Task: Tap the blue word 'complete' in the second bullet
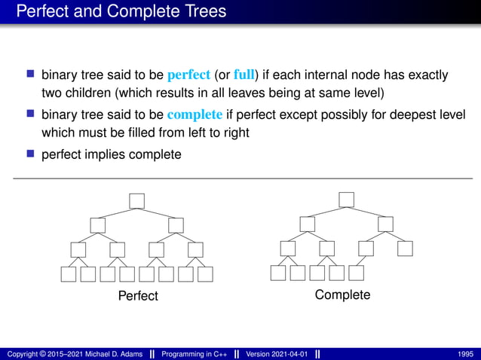coord(195,115)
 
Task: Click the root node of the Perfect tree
coord(136,200)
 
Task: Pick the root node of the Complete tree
coord(346,200)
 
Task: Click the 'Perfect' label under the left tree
coord(138,296)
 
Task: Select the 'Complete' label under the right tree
coord(342,294)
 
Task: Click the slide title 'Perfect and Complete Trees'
coord(121,12)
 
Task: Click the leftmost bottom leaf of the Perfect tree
coord(69,274)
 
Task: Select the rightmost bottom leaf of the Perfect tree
coord(205,274)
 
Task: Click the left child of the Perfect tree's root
coord(97,225)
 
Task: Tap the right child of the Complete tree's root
coord(386,224)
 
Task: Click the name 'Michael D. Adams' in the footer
coord(111,353)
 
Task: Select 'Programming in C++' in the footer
coord(196,353)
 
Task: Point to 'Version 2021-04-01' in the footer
coord(276,353)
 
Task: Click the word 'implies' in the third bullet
coord(103,154)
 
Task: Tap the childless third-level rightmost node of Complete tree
coord(406,248)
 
